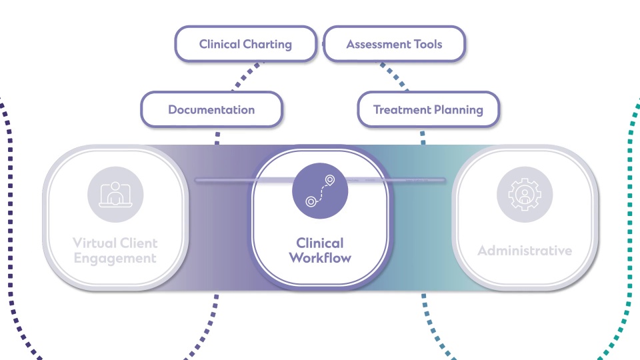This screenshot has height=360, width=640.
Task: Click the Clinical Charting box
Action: coord(245,45)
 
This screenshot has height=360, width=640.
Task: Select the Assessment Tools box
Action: coord(394,45)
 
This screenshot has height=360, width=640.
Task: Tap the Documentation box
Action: coord(211,110)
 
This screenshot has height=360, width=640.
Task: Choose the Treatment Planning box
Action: coord(428,110)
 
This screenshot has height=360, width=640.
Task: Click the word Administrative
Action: coord(525,251)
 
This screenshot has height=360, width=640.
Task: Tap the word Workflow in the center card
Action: coord(320,257)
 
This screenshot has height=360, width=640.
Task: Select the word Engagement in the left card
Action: coord(115,258)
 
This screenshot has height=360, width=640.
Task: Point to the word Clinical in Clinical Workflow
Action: coord(320,243)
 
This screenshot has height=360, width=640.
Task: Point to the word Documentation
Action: coord(211,110)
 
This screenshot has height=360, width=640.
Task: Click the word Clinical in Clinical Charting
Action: coord(219,45)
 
